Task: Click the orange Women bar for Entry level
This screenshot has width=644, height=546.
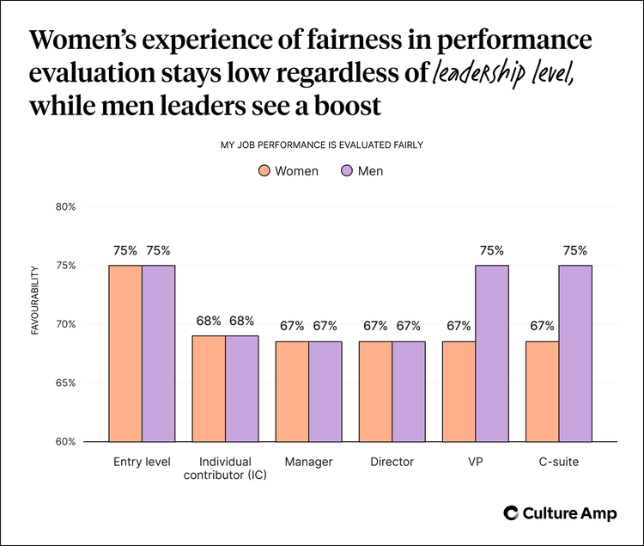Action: point(125,353)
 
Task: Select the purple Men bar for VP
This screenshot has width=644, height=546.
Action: point(492,353)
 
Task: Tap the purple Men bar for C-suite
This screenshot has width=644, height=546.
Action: point(575,353)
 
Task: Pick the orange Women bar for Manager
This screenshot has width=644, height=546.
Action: point(292,391)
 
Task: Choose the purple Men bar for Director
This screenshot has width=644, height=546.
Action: point(409,391)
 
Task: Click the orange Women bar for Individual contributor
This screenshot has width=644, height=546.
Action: point(209,388)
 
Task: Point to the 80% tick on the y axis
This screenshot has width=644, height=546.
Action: point(66,207)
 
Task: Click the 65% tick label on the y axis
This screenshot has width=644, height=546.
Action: point(66,383)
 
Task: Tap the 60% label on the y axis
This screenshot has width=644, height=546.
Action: point(66,442)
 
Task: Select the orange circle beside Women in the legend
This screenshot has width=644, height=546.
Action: point(264,171)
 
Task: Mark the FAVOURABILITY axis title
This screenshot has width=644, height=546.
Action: point(35,300)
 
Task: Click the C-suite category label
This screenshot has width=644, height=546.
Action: point(558,462)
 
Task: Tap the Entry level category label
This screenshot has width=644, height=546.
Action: point(142,462)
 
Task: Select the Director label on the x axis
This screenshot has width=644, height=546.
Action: point(392,462)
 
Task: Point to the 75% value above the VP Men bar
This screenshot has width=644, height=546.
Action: point(492,251)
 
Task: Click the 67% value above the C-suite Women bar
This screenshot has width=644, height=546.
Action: point(542,326)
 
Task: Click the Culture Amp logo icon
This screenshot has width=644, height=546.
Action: point(511,513)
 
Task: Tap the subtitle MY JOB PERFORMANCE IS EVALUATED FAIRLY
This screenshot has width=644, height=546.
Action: point(321,144)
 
